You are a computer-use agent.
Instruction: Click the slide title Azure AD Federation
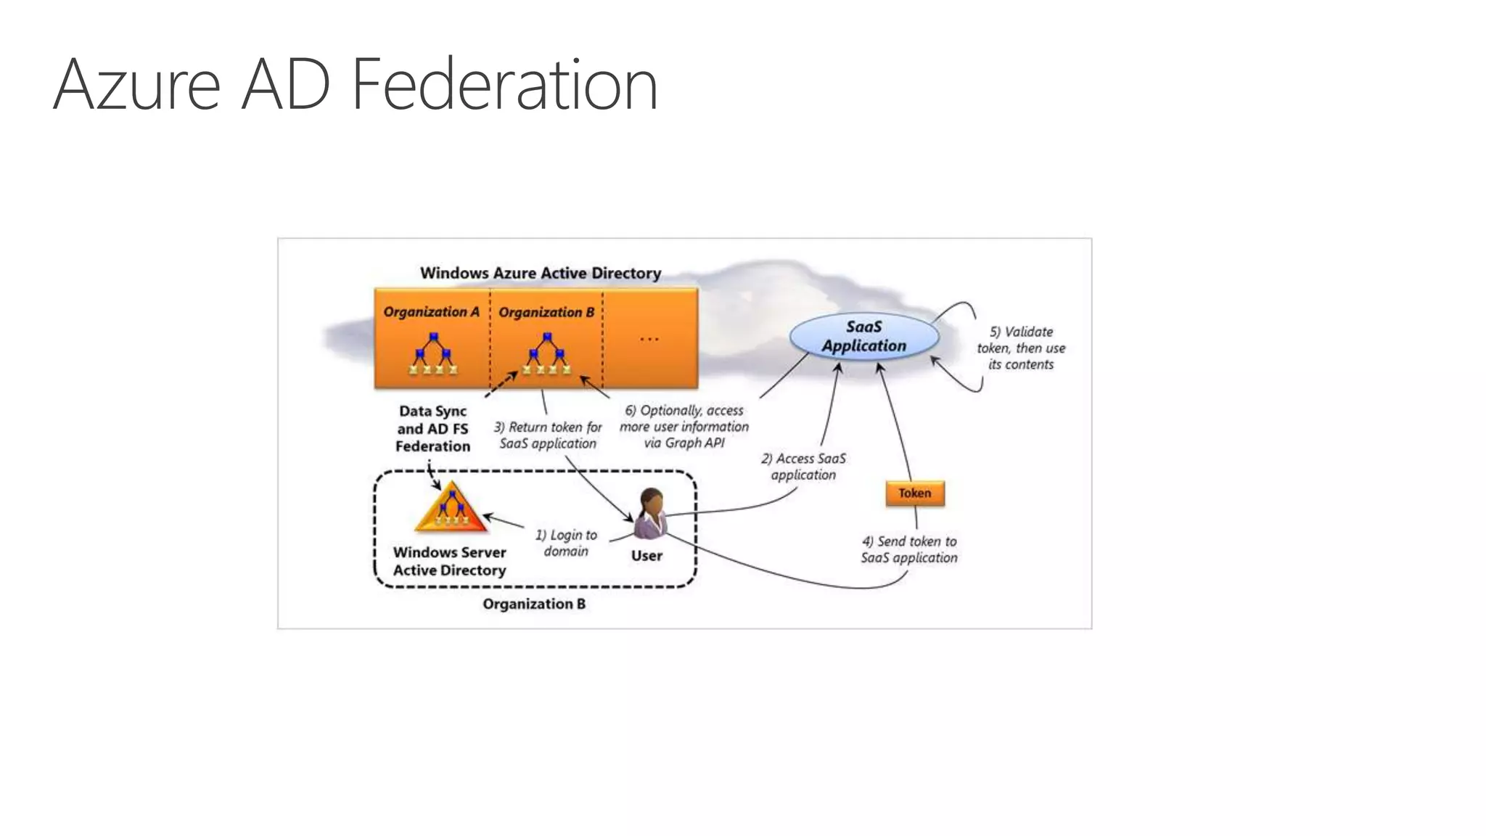pyautogui.click(x=356, y=85)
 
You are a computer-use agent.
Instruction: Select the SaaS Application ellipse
pyautogui.click(x=863, y=337)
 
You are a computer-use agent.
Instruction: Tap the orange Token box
pyautogui.click(x=914, y=493)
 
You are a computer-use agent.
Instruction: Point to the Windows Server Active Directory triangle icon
pyautogui.click(x=451, y=507)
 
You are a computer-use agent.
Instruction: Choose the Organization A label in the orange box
pyautogui.click(x=431, y=312)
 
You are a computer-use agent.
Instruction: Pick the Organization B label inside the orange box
pyautogui.click(x=546, y=313)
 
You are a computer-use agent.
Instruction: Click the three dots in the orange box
pyautogui.click(x=649, y=339)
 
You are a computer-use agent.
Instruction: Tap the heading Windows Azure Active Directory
pyautogui.click(x=541, y=274)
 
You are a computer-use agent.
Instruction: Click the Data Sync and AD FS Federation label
pyautogui.click(x=432, y=429)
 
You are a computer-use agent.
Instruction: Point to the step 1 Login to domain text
pyautogui.click(x=566, y=543)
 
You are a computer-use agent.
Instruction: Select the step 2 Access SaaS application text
pyautogui.click(x=803, y=467)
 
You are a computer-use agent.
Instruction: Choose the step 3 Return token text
pyautogui.click(x=548, y=435)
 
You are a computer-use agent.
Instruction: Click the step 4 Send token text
pyautogui.click(x=909, y=549)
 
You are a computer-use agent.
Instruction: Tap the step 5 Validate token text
pyautogui.click(x=1021, y=348)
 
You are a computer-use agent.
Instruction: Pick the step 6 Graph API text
pyautogui.click(x=684, y=427)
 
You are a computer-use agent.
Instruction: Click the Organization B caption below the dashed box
pyautogui.click(x=534, y=604)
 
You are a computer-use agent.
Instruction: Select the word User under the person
pyautogui.click(x=646, y=556)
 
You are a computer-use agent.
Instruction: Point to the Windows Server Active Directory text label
pyautogui.click(x=450, y=561)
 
